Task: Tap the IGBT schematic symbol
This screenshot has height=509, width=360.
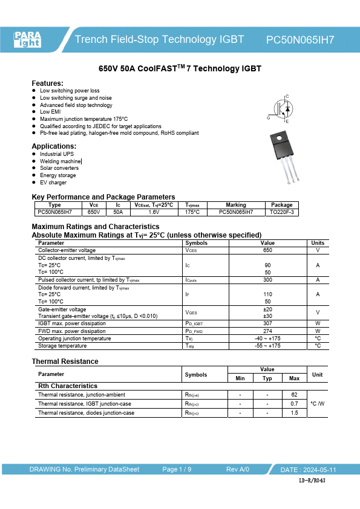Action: click(x=282, y=109)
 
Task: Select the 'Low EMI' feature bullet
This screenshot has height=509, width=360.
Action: click(x=50, y=112)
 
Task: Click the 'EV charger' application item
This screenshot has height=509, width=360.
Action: click(x=53, y=183)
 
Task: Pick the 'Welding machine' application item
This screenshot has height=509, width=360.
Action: click(x=60, y=161)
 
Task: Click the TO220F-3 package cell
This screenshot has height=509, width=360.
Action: click(x=281, y=212)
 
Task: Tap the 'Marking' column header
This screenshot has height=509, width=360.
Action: click(x=235, y=205)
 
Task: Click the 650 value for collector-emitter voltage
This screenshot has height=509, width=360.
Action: click(x=267, y=250)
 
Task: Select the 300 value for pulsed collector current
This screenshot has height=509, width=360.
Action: click(x=267, y=280)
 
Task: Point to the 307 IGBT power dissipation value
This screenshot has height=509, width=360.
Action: click(x=267, y=323)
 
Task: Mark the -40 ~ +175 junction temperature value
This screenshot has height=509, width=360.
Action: click(x=267, y=339)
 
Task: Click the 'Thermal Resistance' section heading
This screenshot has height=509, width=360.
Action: click(x=65, y=361)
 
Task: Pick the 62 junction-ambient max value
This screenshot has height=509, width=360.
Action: click(x=294, y=394)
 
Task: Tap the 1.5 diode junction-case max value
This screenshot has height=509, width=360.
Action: click(x=294, y=413)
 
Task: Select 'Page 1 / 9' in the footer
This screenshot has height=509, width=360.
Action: click(x=177, y=470)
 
